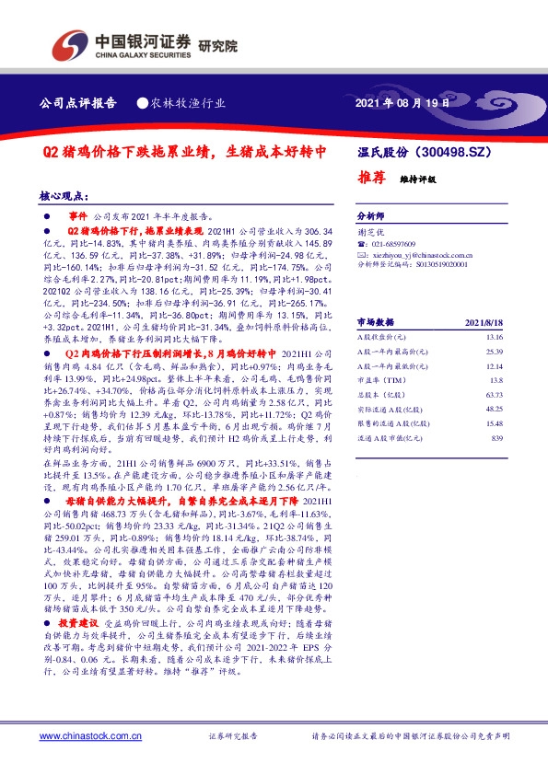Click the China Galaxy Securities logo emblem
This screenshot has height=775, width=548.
coord(66,42)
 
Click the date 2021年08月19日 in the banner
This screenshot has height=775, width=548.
coord(402,103)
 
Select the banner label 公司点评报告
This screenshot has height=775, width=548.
coord(79,103)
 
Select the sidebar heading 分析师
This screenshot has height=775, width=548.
coord(369,211)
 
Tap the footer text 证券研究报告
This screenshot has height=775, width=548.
coord(231,736)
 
